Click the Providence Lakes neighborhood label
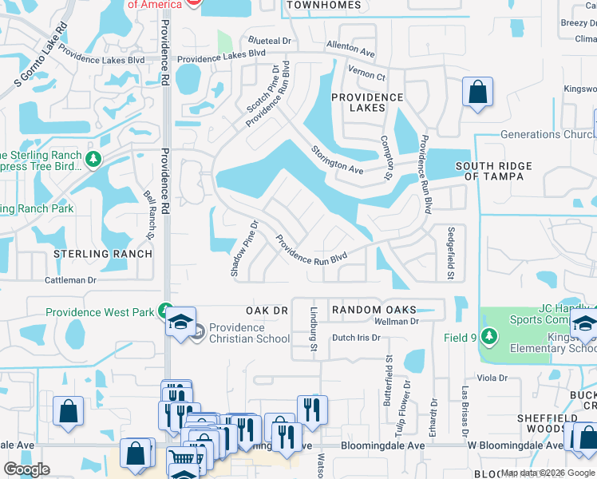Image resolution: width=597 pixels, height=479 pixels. (368, 102)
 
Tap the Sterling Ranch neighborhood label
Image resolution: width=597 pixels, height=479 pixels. (102, 254)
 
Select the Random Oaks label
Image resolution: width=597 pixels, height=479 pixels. (374, 310)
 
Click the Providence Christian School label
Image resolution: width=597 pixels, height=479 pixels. (250, 333)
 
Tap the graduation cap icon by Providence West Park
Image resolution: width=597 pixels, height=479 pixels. (181, 323)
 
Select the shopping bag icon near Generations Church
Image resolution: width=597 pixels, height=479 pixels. (477, 92)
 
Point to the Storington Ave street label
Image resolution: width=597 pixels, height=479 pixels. (337, 159)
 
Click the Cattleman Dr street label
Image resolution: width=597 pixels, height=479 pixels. (70, 280)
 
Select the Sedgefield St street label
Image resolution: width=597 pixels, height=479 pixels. (450, 251)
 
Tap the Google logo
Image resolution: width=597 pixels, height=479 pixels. (26, 469)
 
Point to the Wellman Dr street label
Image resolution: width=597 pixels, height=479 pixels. (397, 322)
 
